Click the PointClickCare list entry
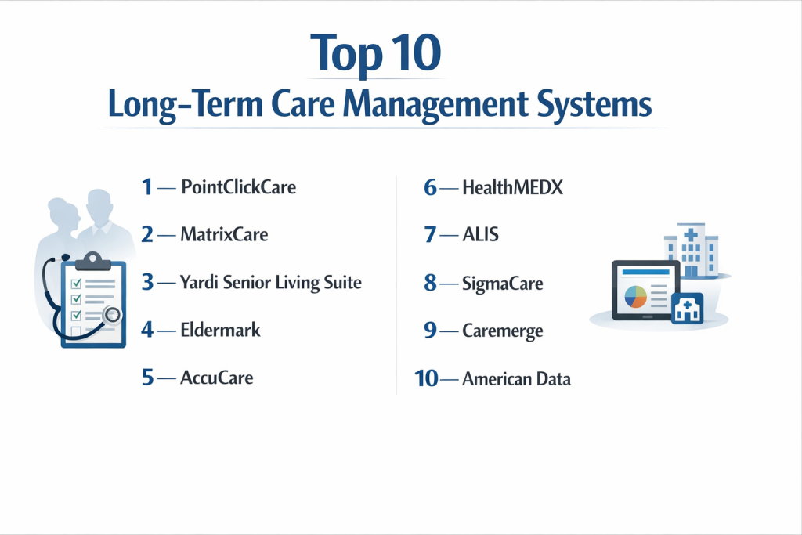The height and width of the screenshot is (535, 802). [x=238, y=187]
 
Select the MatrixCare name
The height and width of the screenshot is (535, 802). [x=224, y=235]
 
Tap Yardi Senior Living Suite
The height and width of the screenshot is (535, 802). [x=270, y=282]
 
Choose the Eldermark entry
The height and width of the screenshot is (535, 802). [x=220, y=330]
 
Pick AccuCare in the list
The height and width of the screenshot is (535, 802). [x=217, y=378]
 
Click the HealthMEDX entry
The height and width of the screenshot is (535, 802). [x=512, y=188]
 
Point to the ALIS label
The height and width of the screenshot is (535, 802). [x=480, y=235]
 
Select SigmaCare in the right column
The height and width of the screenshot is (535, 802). [x=503, y=284]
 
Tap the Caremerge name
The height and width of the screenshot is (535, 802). [x=503, y=331]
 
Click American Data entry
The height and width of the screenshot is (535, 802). [x=517, y=379]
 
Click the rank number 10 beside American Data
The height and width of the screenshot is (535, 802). [x=426, y=379]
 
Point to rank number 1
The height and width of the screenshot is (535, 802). [x=147, y=187]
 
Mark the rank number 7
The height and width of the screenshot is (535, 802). [x=430, y=235]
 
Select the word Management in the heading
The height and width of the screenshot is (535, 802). [x=435, y=105]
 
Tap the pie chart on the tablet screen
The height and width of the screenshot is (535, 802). [x=636, y=297]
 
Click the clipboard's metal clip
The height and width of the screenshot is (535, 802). [x=92, y=261]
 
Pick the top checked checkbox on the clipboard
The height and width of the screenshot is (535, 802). [x=76, y=284]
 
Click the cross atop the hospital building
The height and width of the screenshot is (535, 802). [x=691, y=235]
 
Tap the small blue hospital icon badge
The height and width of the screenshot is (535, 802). [x=688, y=309]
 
